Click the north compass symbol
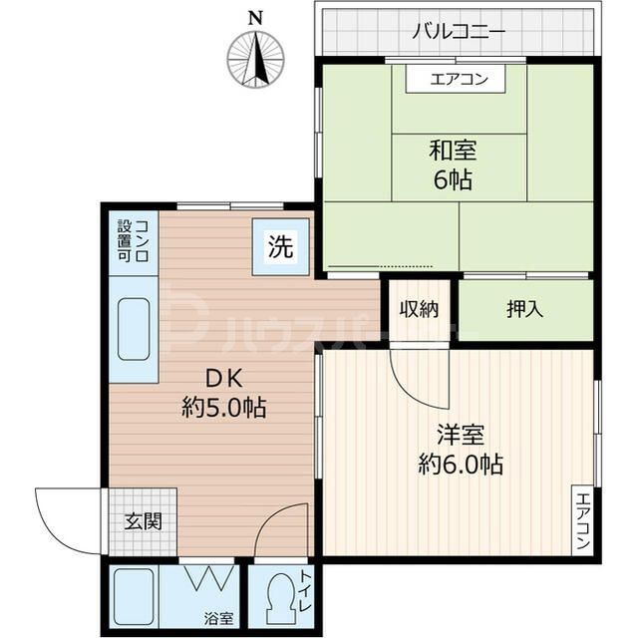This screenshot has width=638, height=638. [x=256, y=57]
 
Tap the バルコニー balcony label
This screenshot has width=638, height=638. [x=459, y=31]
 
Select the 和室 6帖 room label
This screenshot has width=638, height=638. [x=453, y=165]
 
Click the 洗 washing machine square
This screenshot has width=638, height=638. [x=280, y=247]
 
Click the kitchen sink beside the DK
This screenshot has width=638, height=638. [x=133, y=329]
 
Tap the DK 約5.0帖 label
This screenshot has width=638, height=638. [x=224, y=393]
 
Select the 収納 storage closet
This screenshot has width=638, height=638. [x=419, y=309]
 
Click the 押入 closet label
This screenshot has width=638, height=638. [x=525, y=309]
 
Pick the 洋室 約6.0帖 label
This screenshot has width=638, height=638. [x=460, y=450]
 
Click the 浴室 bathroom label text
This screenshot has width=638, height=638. [x=219, y=618]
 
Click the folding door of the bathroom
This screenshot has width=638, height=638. [x=209, y=579]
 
